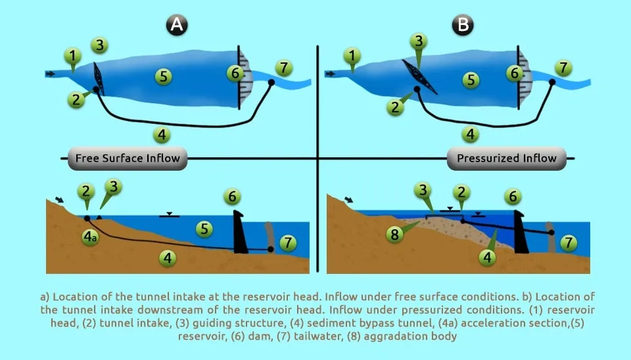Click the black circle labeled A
[177, 25]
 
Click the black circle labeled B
[462, 25]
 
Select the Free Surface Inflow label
[128, 158]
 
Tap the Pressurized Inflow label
[507, 158]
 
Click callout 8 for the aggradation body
[395, 234]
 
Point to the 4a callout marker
[90, 237]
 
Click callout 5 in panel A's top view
[164, 76]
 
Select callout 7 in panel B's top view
[563, 68]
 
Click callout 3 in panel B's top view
[419, 41]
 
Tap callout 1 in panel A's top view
[72, 55]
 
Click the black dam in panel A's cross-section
[240, 232]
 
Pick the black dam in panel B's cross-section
[521, 232]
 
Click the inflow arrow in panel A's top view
[51, 74]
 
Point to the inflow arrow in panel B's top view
[330, 74]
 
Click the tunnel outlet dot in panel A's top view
[271, 83]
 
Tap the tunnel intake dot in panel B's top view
[418, 89]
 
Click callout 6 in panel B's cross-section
[513, 196]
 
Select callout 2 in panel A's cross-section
[85, 191]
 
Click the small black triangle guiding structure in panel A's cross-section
[99, 217]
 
